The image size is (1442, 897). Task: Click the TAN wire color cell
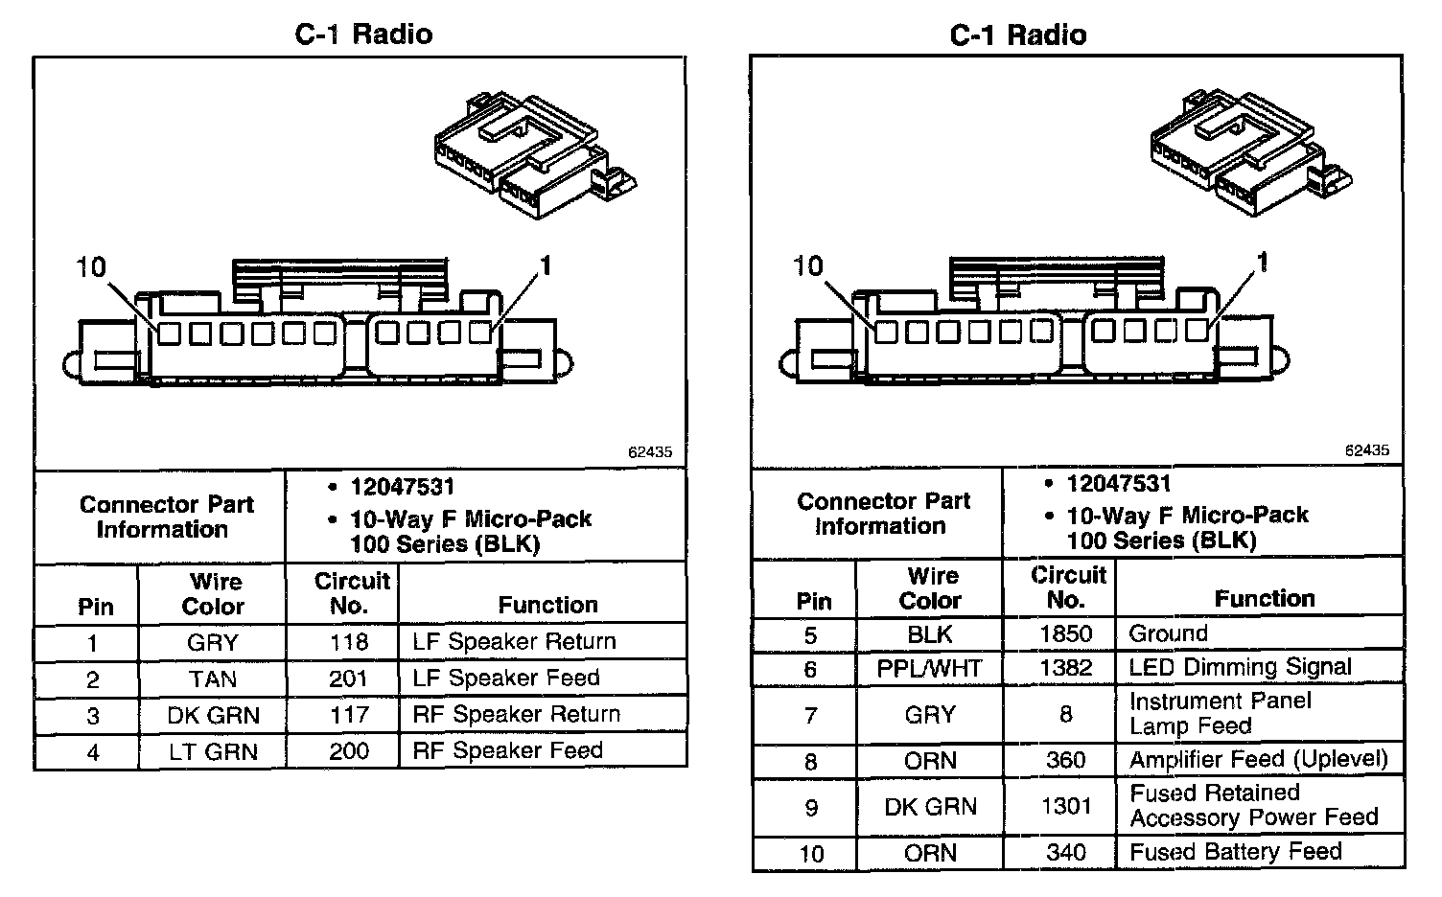pos(212,679)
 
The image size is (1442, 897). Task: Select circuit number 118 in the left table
pos(348,642)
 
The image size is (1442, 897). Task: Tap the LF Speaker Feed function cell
pos(505,678)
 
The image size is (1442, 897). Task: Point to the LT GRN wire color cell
pos(212,752)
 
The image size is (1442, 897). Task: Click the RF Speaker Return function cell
pos(516,715)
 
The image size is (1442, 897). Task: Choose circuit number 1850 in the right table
pos(1065,634)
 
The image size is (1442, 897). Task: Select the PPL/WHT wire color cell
pos(929,669)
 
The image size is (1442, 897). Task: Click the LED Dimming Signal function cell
pos(1240,667)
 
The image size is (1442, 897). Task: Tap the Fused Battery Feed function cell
pos(1235,852)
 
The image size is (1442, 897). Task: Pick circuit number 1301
pos(1065,807)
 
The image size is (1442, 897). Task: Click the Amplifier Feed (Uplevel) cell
pos(1258,760)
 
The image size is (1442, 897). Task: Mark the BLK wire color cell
pos(929,634)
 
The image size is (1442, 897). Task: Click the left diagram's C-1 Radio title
pos(363,34)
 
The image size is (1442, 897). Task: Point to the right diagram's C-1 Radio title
pos(1017,35)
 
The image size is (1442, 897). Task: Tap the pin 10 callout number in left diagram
pos(91,266)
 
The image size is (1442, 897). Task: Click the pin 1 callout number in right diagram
pos(1264,262)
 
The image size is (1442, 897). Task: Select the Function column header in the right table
pos(1264,599)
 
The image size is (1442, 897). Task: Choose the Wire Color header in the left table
pos(213,594)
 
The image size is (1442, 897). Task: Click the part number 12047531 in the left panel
pos(402,487)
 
